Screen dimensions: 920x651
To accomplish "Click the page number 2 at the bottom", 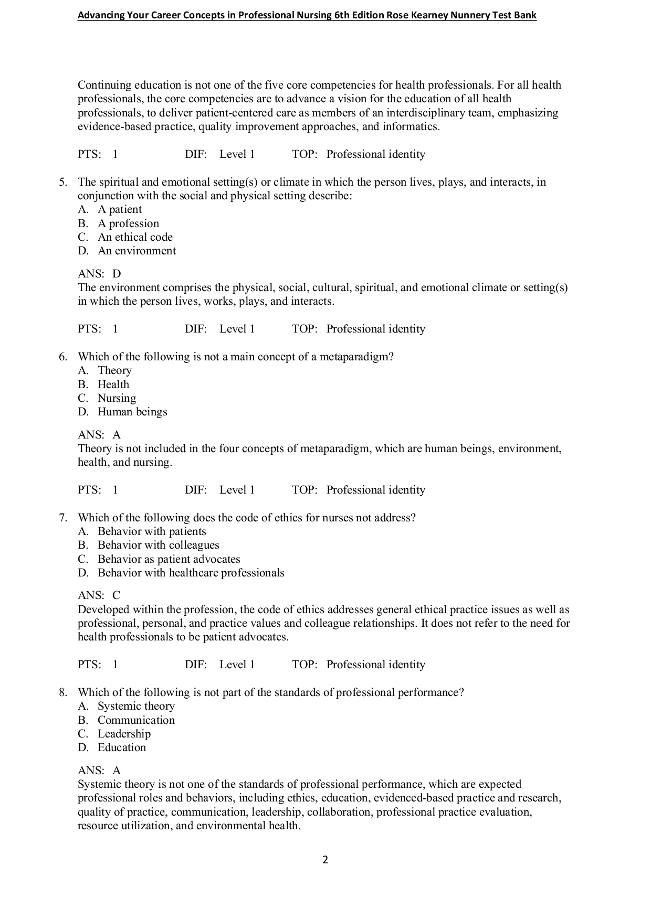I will [x=325, y=860].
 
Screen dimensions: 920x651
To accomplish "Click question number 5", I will [x=62, y=182].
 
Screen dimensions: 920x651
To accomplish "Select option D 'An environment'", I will [x=136, y=251].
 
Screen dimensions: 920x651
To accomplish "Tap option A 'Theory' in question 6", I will [x=114, y=370].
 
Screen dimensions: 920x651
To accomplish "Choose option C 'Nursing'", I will [x=117, y=398].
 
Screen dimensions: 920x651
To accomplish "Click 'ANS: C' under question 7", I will [x=99, y=595].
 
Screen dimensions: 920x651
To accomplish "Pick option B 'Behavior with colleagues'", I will [x=158, y=545].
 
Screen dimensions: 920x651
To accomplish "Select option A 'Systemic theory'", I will [x=136, y=706].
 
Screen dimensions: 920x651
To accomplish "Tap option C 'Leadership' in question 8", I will [x=124, y=734].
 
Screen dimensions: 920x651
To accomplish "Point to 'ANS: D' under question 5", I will [x=99, y=274].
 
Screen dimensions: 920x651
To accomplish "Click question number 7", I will [x=62, y=518].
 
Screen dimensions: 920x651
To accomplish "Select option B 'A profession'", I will [x=128, y=223].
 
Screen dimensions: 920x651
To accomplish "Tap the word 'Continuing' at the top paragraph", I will [x=104, y=85].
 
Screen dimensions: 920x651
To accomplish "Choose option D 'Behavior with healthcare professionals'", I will [x=191, y=573].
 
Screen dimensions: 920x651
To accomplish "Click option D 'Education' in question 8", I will [x=122, y=747].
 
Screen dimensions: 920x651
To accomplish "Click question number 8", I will [x=62, y=692].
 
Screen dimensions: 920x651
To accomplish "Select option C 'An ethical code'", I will [x=135, y=237].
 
